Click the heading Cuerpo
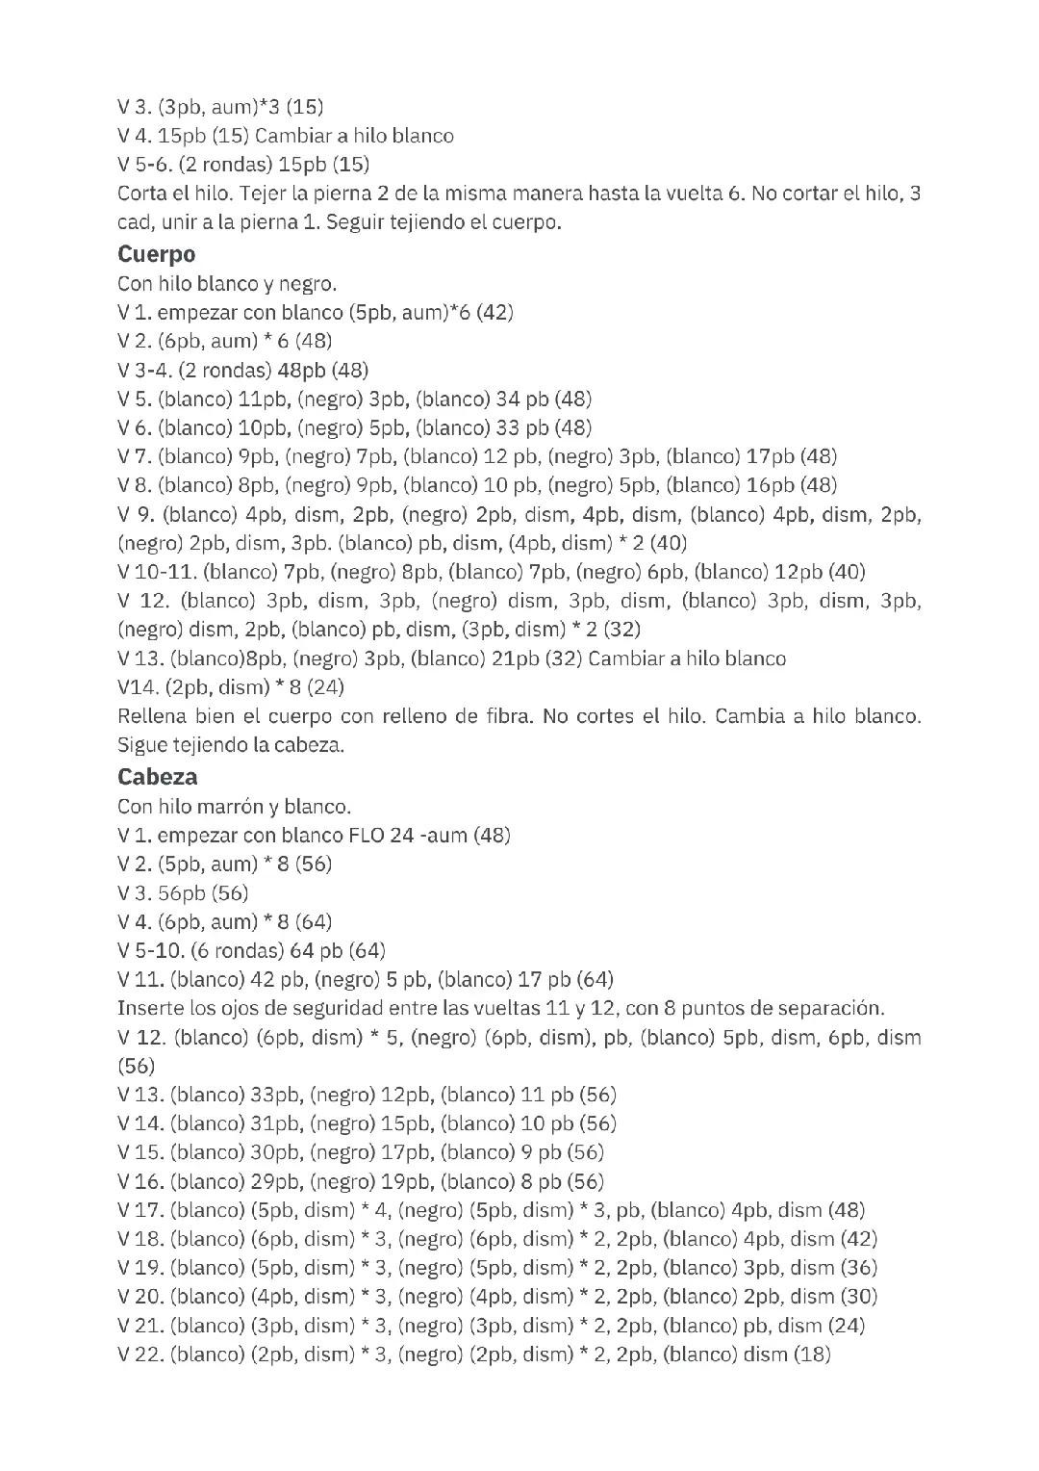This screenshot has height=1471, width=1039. [x=156, y=254]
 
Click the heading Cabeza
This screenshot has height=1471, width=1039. [x=158, y=776]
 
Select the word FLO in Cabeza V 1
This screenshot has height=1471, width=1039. [x=366, y=835]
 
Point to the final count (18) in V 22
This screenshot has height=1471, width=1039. [x=812, y=1355]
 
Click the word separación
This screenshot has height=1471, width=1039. [x=830, y=1008]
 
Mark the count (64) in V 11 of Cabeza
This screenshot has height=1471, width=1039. [x=595, y=979]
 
